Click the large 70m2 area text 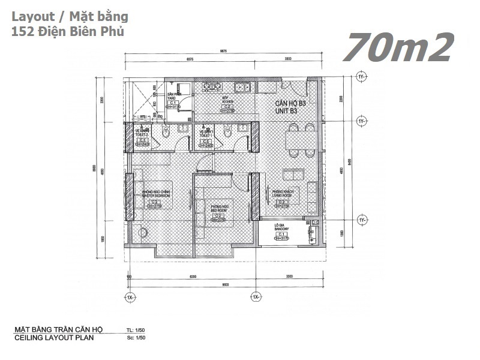tap(398, 47)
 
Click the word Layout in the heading tap(31, 17)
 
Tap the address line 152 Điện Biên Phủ tap(67, 32)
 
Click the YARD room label tap(174, 98)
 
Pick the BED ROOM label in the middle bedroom tap(218, 211)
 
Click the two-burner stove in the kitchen tap(210, 88)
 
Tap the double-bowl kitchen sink tap(242, 88)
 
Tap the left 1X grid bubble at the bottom tap(130, 296)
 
